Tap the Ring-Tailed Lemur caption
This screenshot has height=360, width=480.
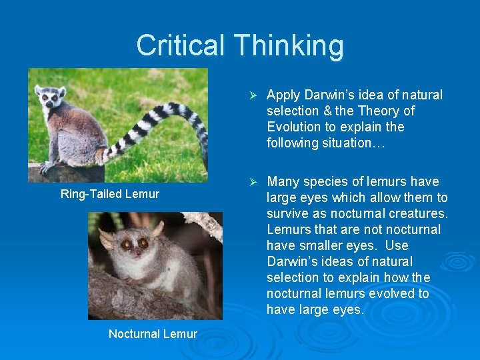pos(110,194)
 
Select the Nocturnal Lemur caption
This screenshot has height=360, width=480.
pos(153,334)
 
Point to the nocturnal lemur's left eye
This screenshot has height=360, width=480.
pos(126,245)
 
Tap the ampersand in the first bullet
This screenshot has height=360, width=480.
pos(327,111)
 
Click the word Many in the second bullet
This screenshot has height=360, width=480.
pos(282,181)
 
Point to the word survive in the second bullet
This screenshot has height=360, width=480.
pos(287,213)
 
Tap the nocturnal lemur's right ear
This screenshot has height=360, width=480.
pos(158,229)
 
